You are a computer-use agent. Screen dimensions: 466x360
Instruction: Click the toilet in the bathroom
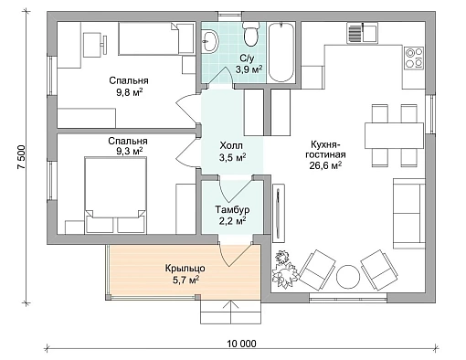[251, 34]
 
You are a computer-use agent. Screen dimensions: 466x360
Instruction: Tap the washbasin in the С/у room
[210, 41]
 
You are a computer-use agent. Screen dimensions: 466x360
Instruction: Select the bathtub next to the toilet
[281, 52]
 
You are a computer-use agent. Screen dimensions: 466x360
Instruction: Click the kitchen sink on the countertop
[362, 33]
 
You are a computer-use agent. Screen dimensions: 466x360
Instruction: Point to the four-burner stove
[414, 58]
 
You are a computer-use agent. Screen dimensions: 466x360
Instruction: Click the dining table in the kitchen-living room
[394, 135]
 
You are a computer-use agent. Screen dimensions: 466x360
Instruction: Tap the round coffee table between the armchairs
[348, 276]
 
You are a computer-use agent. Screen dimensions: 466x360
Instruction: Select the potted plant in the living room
[283, 269]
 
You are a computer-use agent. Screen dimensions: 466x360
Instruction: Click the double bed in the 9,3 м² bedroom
[115, 195]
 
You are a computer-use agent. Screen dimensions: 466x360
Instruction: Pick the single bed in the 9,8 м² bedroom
[156, 38]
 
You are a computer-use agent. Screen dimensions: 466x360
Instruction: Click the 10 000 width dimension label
[241, 344]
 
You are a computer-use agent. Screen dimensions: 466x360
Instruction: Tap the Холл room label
[231, 145]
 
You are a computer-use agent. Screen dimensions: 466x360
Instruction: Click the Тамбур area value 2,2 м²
[233, 220]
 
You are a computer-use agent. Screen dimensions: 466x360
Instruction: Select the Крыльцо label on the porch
[185, 269]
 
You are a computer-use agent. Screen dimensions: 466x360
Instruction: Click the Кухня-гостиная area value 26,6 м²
[325, 165]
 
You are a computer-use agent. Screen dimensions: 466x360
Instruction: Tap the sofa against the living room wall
[409, 213]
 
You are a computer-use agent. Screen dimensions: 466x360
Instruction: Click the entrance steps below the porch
[230, 312]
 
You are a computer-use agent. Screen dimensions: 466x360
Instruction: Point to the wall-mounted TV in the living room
[278, 213]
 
